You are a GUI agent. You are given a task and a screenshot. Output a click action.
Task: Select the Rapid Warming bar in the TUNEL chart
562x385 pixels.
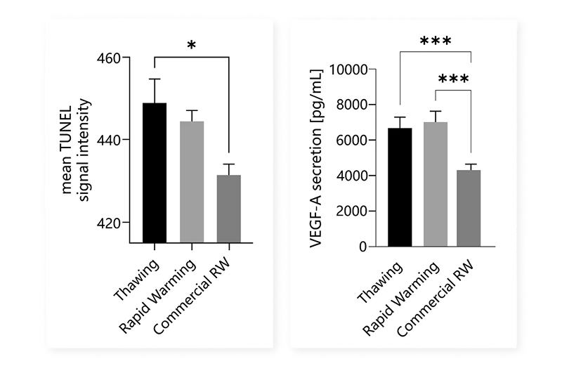[x=192, y=182]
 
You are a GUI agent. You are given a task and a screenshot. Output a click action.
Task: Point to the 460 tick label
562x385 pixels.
[x=110, y=58]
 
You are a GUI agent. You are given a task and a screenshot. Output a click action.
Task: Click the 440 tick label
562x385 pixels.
[x=110, y=140]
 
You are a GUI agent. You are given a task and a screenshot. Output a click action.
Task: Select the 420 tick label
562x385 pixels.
[x=110, y=223]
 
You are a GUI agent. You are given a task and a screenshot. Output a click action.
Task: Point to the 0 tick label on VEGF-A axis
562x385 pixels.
[x=363, y=247]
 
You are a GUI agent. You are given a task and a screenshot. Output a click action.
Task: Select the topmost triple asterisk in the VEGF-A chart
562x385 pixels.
[x=436, y=42]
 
